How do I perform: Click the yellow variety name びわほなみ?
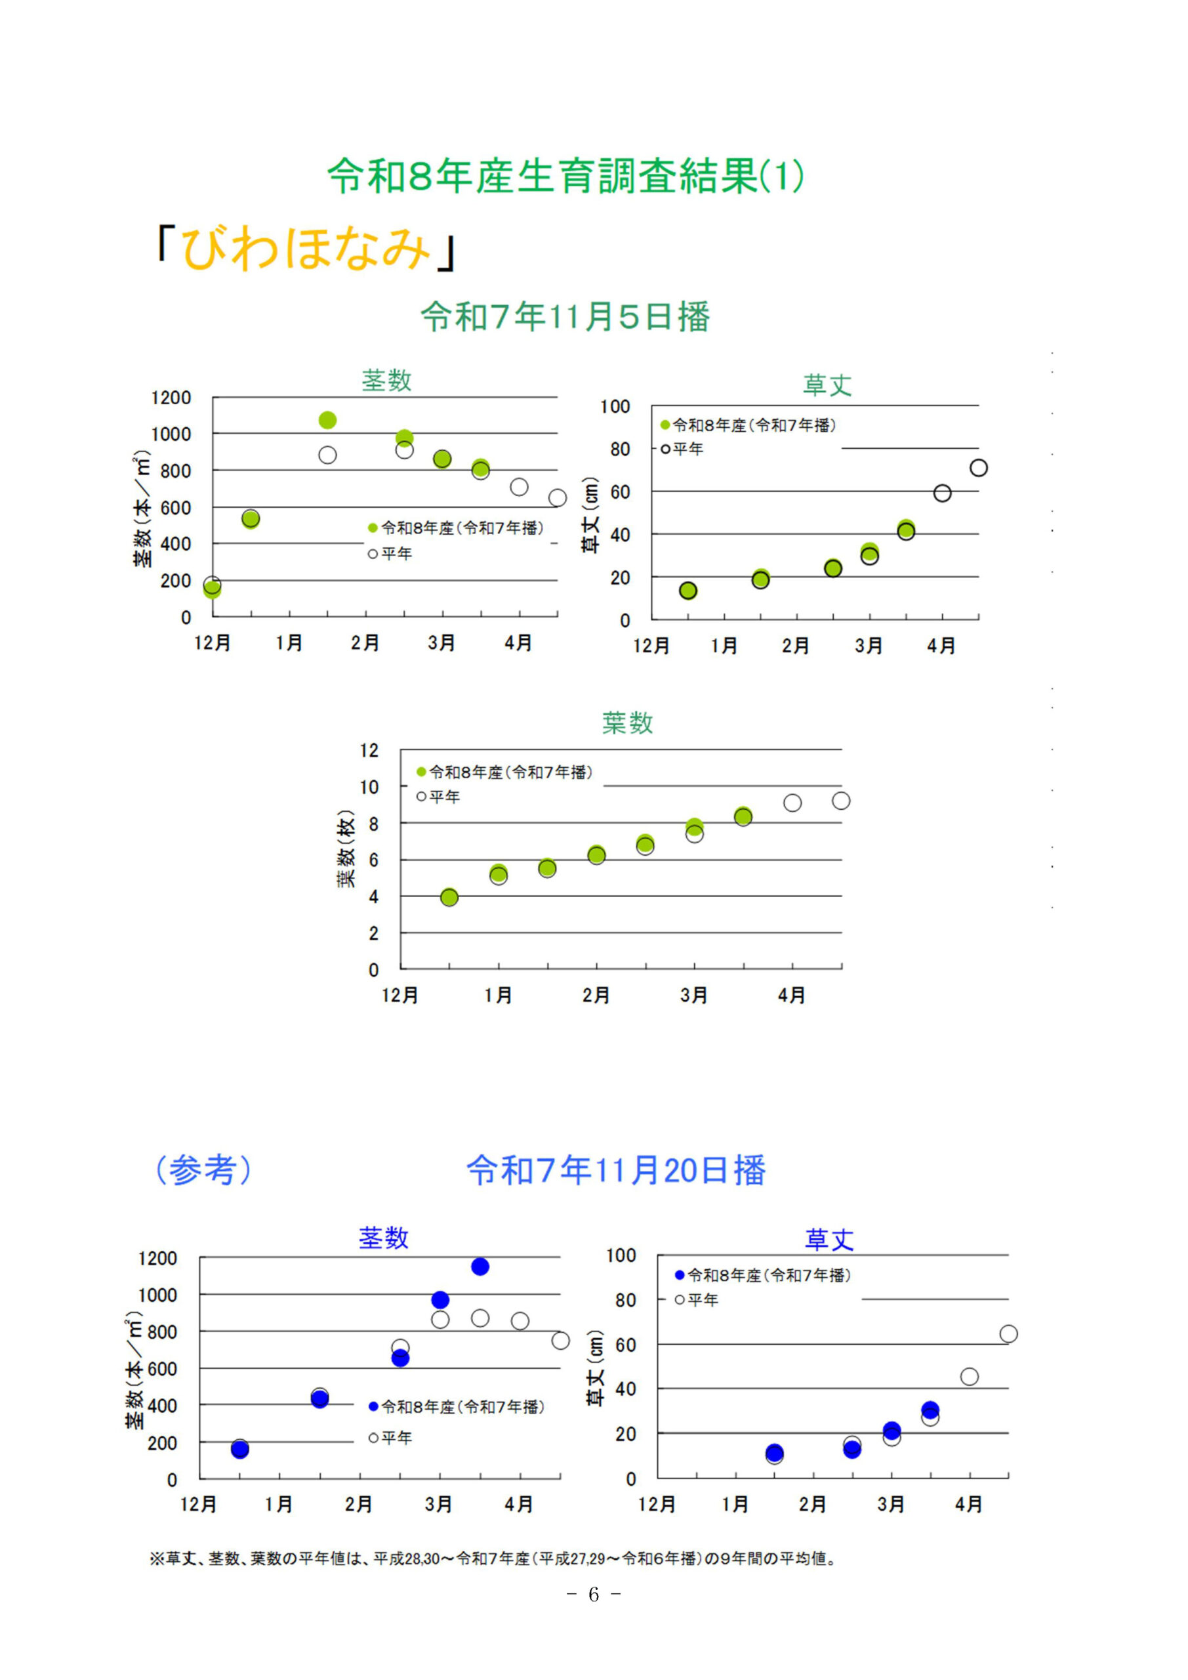pos(306,248)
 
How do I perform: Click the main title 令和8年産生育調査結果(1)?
pos(565,176)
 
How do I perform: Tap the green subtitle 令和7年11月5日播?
pos(565,317)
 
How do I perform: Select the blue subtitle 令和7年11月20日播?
pos(616,1169)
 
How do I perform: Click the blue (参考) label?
pos(203,1169)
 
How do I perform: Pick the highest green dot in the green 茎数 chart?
pos(328,420)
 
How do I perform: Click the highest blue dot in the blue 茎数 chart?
pos(480,1267)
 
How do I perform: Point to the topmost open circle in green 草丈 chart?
pos(979,467)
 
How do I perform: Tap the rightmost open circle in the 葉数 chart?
pos(841,801)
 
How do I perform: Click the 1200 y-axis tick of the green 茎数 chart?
pos(171,398)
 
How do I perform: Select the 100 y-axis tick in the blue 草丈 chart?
pos(621,1255)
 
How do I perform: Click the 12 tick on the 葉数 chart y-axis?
pos(369,750)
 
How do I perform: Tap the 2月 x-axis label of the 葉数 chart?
pos(596,995)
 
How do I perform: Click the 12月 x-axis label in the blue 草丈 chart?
pos(656,1504)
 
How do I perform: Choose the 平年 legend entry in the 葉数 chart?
pos(439,797)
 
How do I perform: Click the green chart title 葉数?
pos(627,723)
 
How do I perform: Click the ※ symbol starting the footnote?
pos(157,1559)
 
